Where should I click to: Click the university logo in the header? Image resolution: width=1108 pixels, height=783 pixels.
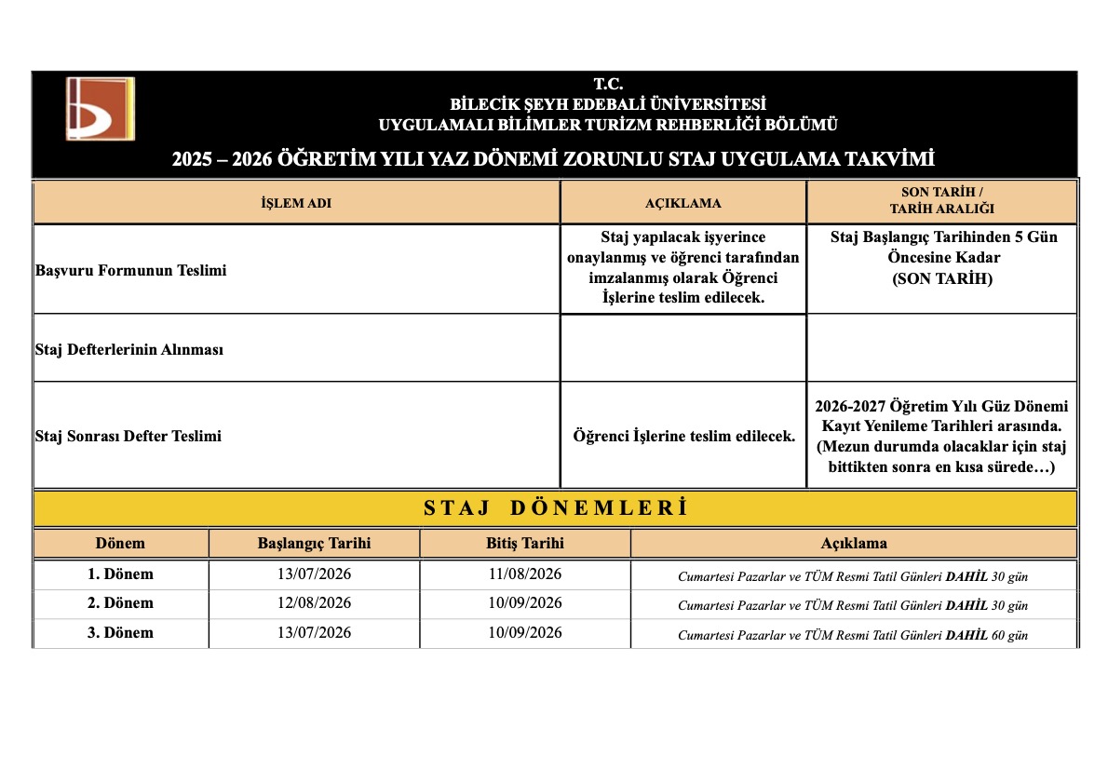click(100, 108)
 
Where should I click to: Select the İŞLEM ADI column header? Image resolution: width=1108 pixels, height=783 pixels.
click(296, 203)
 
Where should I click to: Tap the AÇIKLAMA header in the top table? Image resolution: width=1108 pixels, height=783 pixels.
click(682, 203)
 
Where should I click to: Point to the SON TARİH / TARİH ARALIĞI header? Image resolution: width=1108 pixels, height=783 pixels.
click(941, 202)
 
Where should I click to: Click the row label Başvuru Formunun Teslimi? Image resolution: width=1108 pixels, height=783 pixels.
click(130, 270)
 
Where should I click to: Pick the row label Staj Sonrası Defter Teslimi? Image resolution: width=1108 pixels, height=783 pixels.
click(128, 435)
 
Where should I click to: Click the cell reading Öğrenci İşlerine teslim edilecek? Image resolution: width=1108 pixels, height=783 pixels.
click(683, 436)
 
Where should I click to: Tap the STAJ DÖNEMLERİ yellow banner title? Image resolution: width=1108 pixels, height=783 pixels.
click(555, 508)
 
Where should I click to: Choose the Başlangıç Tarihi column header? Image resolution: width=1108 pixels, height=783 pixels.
click(314, 543)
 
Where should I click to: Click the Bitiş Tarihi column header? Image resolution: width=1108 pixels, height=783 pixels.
click(524, 543)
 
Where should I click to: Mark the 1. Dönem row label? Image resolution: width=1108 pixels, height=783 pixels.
click(120, 574)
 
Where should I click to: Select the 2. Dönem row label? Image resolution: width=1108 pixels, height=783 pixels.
click(120, 603)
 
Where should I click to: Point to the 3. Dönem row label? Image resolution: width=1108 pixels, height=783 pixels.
click(120, 633)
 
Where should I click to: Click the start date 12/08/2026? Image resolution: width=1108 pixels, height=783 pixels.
click(314, 603)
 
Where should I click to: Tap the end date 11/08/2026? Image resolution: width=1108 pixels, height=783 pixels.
click(524, 574)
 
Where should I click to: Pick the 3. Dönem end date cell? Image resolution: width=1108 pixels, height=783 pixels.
click(524, 633)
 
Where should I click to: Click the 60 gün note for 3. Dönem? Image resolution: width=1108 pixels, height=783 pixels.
click(1009, 635)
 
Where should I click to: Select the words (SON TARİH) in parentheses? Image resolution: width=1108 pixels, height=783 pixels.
click(943, 278)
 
